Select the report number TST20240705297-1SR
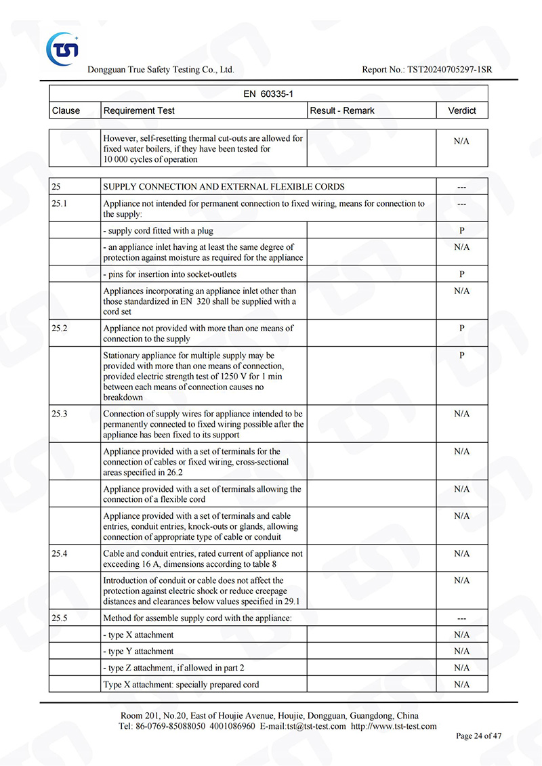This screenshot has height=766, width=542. click(x=449, y=70)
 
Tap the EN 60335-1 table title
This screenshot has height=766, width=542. click(x=268, y=93)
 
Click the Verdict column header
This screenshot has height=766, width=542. click(x=461, y=110)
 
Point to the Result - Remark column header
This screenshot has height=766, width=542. click(x=342, y=110)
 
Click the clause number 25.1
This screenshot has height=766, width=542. click(x=60, y=203)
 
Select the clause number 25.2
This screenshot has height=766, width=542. click(x=60, y=328)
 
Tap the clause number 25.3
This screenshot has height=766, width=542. click(x=60, y=413)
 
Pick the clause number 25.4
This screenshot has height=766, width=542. click(x=60, y=553)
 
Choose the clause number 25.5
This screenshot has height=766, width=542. click(x=60, y=618)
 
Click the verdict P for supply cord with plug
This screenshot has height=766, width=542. click(x=461, y=230)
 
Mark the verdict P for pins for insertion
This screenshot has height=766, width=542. click(x=461, y=274)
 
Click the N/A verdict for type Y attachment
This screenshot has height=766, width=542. click(x=461, y=652)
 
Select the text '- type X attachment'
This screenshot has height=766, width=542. click(x=138, y=635)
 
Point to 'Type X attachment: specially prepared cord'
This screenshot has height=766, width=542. click(x=181, y=685)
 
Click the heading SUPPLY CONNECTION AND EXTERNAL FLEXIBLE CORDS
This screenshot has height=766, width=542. click(x=224, y=187)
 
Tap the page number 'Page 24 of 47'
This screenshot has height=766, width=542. click(x=479, y=736)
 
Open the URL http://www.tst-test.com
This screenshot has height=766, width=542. click(x=394, y=726)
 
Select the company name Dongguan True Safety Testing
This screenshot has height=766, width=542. click(x=161, y=70)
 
